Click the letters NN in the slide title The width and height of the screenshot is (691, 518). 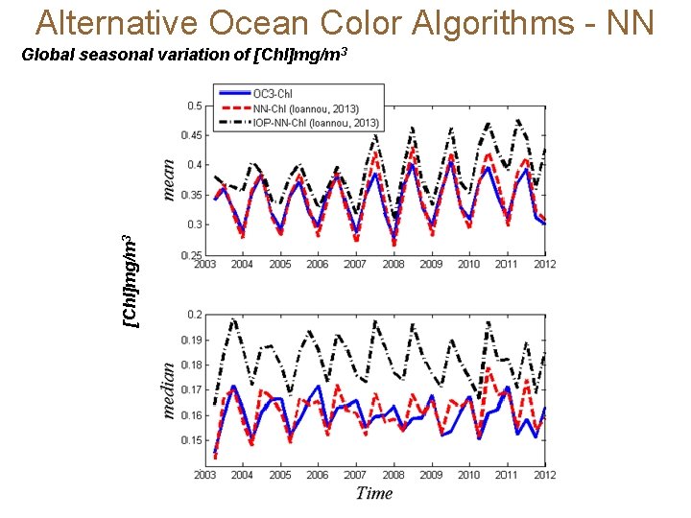[x=630, y=21]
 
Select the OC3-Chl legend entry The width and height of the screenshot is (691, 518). [x=274, y=93]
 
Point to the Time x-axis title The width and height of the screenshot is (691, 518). [x=374, y=493]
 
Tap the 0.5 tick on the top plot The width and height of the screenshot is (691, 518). [x=194, y=106]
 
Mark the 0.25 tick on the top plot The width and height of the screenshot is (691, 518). [x=192, y=254]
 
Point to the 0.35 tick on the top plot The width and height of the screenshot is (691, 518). [x=192, y=195]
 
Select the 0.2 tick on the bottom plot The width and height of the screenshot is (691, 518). [x=195, y=315]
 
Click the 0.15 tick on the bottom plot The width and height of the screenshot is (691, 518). [x=192, y=440]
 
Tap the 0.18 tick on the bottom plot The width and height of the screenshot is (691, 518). [x=192, y=365]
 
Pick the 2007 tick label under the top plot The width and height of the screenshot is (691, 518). [x=355, y=265]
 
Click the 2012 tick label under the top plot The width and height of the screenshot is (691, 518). [x=543, y=265]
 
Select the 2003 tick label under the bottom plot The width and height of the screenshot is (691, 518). [x=204, y=474]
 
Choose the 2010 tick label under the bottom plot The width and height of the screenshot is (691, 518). [x=468, y=474]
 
